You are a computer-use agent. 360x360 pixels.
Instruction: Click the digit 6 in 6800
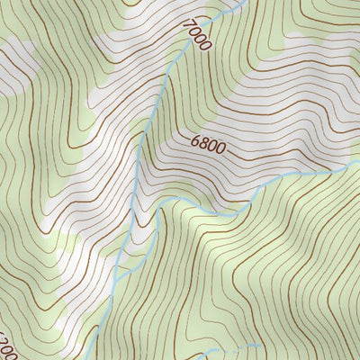click(x=194, y=139)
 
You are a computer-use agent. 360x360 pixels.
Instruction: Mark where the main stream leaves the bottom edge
click(x=89, y=358)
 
